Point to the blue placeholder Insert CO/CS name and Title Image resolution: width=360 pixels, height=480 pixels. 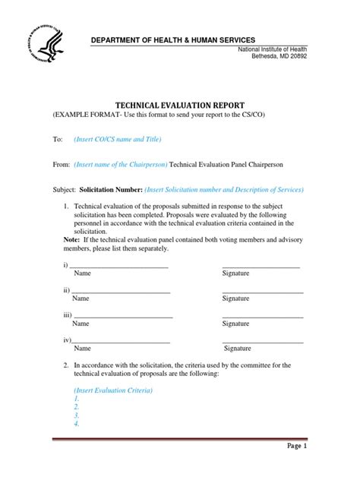[x=118, y=140]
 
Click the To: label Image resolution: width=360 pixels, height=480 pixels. [x=57, y=140]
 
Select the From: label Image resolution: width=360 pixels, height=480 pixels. [x=61, y=164]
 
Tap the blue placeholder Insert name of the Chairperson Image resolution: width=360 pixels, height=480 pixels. [x=121, y=164]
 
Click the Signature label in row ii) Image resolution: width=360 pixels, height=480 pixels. [x=236, y=298]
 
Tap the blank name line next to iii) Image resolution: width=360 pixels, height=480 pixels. [x=123, y=315]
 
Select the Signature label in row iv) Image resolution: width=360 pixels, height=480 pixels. [x=237, y=349]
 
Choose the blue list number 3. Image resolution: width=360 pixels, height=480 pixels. [x=77, y=415]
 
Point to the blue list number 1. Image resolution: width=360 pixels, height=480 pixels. [x=77, y=399]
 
